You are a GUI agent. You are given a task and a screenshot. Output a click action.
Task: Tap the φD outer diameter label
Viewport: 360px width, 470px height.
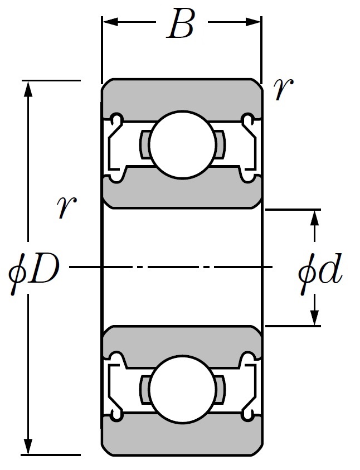pos(33,272)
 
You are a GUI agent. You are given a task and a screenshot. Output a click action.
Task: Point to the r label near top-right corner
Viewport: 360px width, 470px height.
pos(283,89)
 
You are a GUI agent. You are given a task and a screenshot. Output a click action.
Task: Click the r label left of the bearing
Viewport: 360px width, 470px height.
pos(66,208)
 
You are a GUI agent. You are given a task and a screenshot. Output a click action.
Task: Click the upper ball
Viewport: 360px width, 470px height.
pos(182,145)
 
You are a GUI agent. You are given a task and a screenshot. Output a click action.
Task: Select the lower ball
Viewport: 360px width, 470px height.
pos(182,389)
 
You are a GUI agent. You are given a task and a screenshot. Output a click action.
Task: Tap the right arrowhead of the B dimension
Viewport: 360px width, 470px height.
pos(254,22)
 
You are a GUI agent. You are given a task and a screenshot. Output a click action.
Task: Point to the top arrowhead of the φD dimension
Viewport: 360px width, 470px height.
pos(28,89)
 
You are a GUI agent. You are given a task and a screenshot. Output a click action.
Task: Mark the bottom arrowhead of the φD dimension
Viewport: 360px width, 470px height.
pos(28,447)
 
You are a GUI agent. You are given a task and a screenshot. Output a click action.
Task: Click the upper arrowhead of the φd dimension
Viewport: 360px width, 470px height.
pos(314,218)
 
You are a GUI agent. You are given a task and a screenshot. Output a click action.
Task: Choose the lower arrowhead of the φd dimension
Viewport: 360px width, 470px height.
pos(314,317)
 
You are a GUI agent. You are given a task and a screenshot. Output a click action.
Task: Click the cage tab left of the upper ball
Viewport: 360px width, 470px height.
pos(144,145)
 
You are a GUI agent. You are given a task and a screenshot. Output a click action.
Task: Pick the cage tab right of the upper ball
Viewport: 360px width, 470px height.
pos(220,144)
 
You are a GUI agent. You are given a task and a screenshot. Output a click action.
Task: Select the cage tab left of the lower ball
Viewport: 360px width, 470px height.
pos(144,389)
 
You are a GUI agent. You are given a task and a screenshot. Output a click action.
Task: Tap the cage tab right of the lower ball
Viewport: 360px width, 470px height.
pos(220,389)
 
